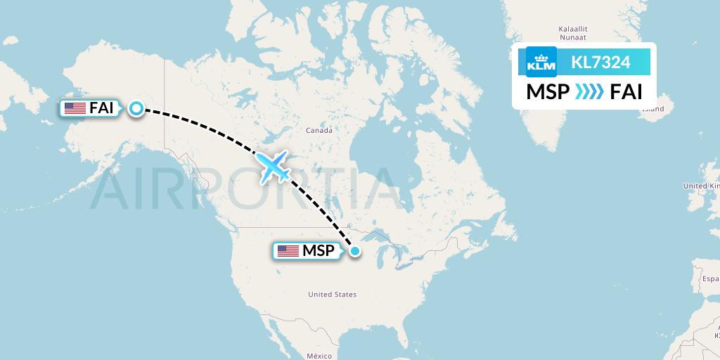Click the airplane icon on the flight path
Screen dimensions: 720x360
tap(274, 166)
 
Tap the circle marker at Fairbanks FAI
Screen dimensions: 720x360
tap(136, 108)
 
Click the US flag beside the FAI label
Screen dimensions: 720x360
tap(75, 108)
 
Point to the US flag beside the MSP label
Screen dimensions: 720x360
tap(288, 251)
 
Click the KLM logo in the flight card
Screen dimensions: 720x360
tap(541, 62)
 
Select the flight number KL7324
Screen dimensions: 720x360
tap(600, 62)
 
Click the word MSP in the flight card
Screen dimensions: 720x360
tap(548, 92)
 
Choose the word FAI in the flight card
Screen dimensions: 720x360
tap(626, 92)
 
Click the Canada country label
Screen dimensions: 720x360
tap(319, 130)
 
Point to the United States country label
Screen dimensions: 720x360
tap(332, 295)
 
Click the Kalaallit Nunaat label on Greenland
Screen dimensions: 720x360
tap(572, 33)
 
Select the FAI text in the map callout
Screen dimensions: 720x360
tap(101, 108)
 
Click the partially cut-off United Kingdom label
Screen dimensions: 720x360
tap(701, 186)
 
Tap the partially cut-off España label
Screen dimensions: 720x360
tap(709, 278)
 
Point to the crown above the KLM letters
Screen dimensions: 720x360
tap(541, 55)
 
